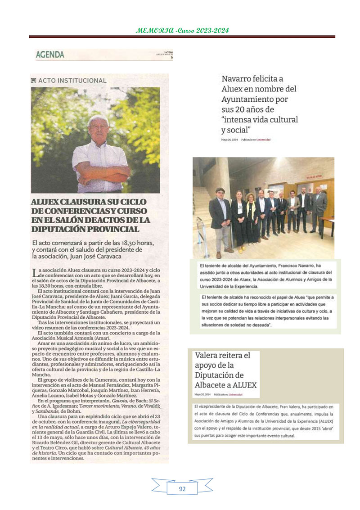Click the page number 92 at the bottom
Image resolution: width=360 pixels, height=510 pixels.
click(x=182, y=488)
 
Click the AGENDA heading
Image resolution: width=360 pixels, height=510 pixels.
click(x=50, y=55)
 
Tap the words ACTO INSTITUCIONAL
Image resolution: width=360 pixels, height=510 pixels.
click(x=72, y=81)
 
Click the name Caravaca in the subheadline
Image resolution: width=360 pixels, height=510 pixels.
click(x=107, y=256)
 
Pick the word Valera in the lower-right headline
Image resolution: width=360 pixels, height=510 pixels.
click(x=207, y=355)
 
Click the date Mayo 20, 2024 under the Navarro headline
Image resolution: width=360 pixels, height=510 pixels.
click(x=229, y=140)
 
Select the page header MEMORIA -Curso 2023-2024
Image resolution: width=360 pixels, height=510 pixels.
click(x=182, y=31)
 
